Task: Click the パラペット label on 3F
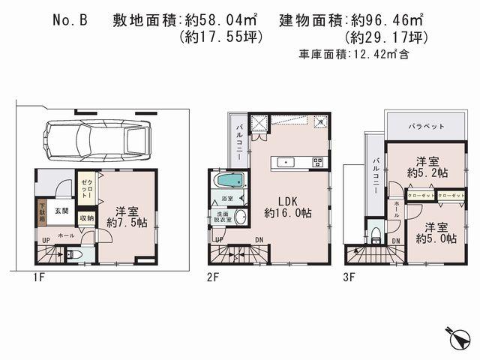pyautogui.click(x=426, y=126)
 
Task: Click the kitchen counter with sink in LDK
pyautogui.click(x=298, y=162)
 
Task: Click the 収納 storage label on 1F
pyautogui.click(x=86, y=218)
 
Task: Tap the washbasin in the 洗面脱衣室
pyautogui.click(x=240, y=217)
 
